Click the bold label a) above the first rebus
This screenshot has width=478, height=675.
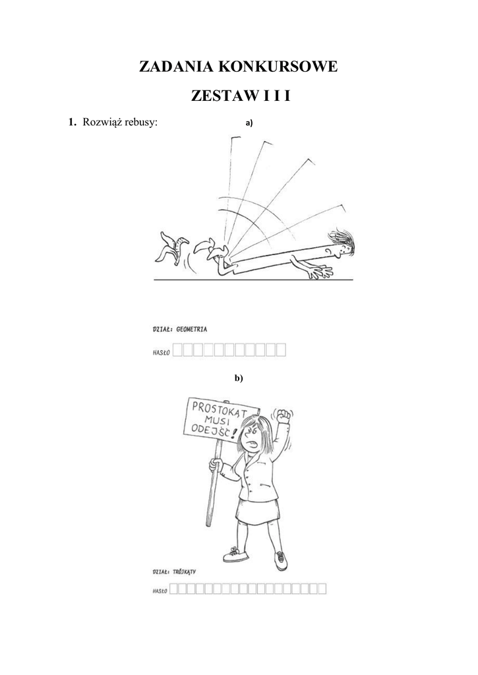click(x=249, y=123)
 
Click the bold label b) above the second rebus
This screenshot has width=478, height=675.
click(x=239, y=378)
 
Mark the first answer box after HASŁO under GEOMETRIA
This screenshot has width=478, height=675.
click(x=177, y=350)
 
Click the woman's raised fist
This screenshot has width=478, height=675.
click(x=284, y=417)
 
